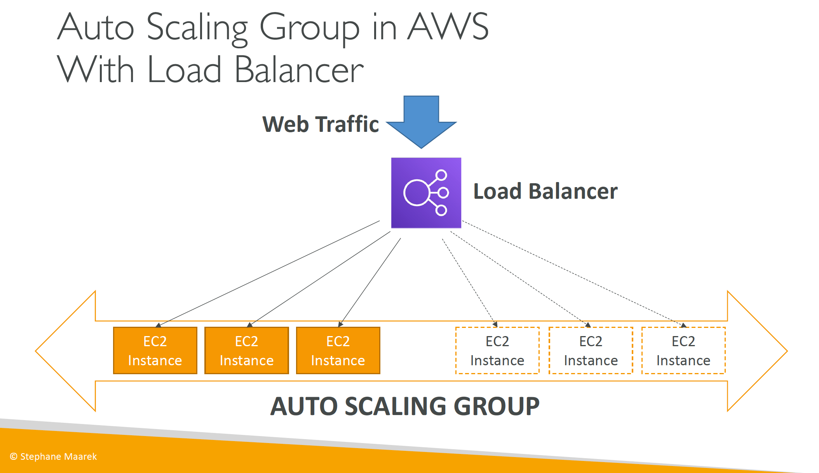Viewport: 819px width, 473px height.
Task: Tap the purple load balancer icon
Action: point(426,193)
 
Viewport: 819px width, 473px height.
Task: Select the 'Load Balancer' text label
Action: point(545,191)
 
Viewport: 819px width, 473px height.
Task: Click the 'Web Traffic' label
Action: point(321,124)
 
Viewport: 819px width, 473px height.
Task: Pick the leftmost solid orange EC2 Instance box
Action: point(155,350)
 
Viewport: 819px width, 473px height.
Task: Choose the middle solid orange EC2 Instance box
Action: point(247,350)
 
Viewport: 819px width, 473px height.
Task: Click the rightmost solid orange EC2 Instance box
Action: point(338,350)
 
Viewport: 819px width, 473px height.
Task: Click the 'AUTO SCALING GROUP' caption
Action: point(405,406)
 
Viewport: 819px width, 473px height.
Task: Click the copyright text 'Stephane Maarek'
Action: point(58,456)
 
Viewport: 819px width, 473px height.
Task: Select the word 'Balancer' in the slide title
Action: point(299,70)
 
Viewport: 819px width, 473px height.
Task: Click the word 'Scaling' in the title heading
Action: point(197,29)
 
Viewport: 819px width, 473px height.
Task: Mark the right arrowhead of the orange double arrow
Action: point(757,351)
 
